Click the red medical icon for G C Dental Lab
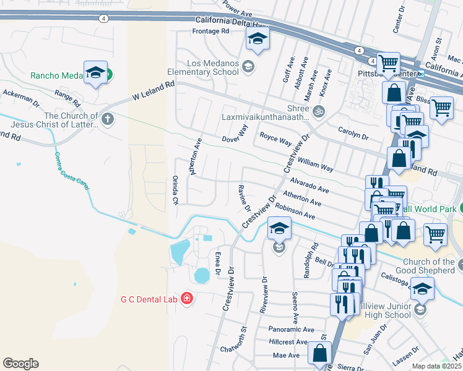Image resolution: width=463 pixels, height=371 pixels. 187,300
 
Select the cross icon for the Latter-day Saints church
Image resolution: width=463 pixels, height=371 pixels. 108,118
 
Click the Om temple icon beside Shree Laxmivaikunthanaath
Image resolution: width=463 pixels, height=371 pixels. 319,112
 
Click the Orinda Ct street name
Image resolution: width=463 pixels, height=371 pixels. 175,191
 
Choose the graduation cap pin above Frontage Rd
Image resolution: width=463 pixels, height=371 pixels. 256,40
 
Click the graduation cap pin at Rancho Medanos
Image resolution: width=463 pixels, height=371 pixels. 95,72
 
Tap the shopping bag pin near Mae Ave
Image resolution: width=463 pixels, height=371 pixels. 320,354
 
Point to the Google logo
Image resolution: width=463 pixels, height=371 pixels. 20,364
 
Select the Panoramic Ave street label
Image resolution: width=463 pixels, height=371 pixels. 292,330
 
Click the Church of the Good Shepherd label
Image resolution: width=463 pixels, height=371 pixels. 428,266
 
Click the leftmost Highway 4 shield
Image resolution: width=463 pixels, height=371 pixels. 103,19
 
